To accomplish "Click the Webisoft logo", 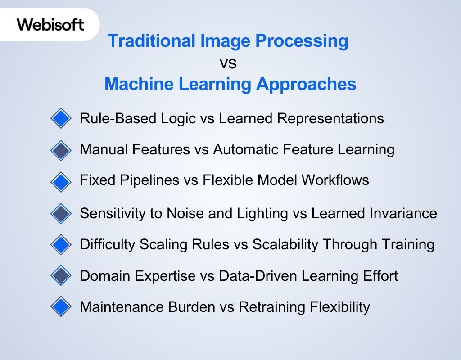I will point(50,24).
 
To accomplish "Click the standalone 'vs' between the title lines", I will point(228,63).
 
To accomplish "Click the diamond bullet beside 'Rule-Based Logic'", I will point(61,119).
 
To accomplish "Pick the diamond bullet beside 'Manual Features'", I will point(61,150).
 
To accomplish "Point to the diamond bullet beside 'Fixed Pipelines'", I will point(61,181).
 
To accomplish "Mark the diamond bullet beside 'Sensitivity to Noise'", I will point(61,213).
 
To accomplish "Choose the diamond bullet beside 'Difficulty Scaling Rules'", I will point(61,245).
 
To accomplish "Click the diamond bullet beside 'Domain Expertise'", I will point(61,276).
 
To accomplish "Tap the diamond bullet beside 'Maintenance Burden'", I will point(61,307).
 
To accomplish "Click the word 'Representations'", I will point(330,118).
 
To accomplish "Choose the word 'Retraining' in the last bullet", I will point(272,307).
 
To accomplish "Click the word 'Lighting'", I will point(275,213).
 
